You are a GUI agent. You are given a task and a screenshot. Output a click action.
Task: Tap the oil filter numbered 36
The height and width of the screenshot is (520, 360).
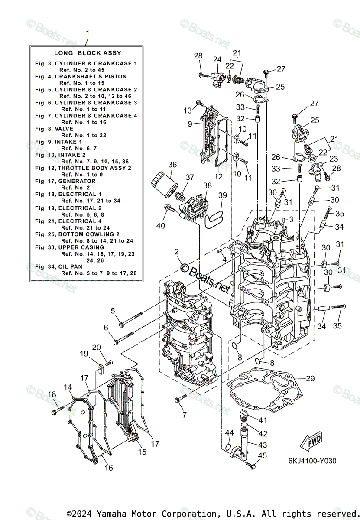164,185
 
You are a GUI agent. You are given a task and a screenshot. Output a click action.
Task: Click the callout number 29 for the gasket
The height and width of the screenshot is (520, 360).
310,379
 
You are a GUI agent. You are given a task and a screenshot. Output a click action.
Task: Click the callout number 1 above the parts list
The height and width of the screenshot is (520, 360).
88,33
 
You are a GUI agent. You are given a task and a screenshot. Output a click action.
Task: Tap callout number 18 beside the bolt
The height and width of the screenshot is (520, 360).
52,394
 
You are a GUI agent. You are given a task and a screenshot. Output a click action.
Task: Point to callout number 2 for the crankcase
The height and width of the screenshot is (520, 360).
177,251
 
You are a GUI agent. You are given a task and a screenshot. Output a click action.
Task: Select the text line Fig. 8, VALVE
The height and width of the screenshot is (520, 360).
54,129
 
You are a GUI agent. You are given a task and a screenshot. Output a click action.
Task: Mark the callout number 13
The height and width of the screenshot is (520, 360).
187,110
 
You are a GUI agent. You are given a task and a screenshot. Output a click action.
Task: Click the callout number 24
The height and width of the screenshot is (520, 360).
217,59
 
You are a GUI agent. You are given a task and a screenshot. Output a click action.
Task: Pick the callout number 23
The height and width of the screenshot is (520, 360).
333,159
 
